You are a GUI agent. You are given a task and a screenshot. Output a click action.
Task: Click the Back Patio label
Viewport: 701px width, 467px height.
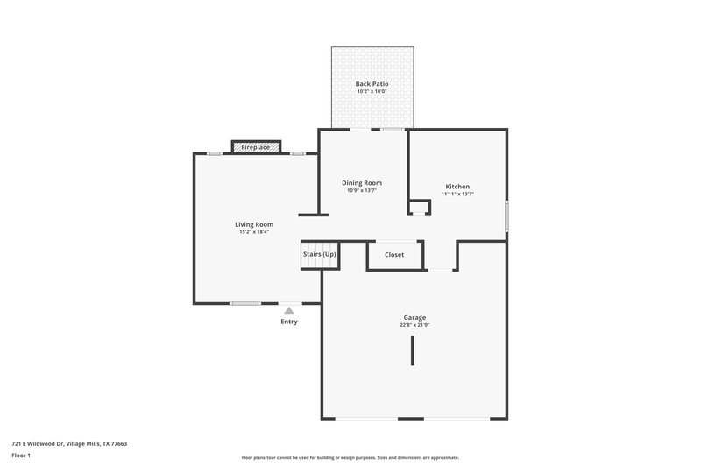(372, 84)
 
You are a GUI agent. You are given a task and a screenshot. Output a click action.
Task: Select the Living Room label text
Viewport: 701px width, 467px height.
(254, 224)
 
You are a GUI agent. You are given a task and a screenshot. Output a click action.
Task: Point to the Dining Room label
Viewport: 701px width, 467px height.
(362, 182)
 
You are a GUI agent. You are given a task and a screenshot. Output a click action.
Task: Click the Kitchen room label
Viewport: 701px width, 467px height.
(457, 186)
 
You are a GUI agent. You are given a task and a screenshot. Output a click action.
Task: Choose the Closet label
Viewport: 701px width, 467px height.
(393, 255)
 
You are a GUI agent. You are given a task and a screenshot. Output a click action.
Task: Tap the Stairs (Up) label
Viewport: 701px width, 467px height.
(320, 254)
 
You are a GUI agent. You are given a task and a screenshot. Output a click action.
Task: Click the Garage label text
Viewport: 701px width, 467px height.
(414, 317)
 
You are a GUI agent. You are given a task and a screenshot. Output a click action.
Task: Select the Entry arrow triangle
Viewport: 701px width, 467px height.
(289, 310)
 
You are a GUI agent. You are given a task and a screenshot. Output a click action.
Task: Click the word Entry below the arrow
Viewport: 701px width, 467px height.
(289, 322)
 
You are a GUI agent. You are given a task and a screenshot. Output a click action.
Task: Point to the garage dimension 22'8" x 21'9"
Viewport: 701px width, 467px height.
(414, 325)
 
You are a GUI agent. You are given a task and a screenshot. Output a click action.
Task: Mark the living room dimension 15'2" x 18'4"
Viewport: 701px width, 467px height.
(254, 232)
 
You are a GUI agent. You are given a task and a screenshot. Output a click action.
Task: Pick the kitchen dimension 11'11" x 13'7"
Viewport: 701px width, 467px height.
(457, 194)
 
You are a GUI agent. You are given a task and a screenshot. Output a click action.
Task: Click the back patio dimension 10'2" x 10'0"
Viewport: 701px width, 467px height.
(372, 92)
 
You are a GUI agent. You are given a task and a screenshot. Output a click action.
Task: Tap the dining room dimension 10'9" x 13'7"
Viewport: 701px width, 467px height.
(362, 190)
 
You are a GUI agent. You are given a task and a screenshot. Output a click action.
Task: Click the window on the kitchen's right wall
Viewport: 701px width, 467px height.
(507, 216)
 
